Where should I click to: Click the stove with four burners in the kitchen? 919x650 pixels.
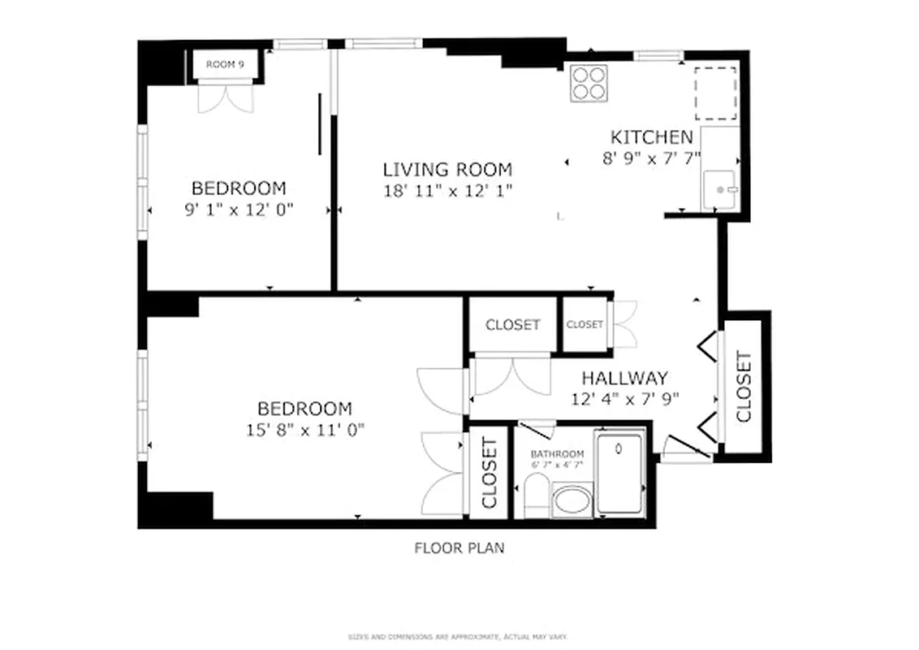[x=589, y=82]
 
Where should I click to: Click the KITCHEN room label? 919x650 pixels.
[x=651, y=137]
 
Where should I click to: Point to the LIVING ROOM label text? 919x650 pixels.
[x=447, y=170]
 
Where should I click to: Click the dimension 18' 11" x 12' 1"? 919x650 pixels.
[x=447, y=191]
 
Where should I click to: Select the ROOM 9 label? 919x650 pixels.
[x=225, y=64]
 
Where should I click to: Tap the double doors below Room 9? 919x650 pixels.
[x=227, y=97]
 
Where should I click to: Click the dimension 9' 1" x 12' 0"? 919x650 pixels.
[x=239, y=209]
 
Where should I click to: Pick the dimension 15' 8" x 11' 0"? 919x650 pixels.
[x=304, y=430]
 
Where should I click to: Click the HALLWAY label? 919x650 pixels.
[x=624, y=378]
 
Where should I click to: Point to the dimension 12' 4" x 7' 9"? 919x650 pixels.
[x=624, y=398]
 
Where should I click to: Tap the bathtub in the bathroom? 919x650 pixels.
[x=620, y=474]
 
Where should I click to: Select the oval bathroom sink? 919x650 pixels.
[x=573, y=500]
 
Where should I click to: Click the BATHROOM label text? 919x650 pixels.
[x=557, y=453]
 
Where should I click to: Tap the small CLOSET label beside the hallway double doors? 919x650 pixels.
[x=585, y=325]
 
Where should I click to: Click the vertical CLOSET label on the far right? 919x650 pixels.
[x=743, y=387]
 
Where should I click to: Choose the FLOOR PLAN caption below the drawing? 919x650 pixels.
[x=459, y=548]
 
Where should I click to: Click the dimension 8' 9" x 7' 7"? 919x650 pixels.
[x=651, y=158]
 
